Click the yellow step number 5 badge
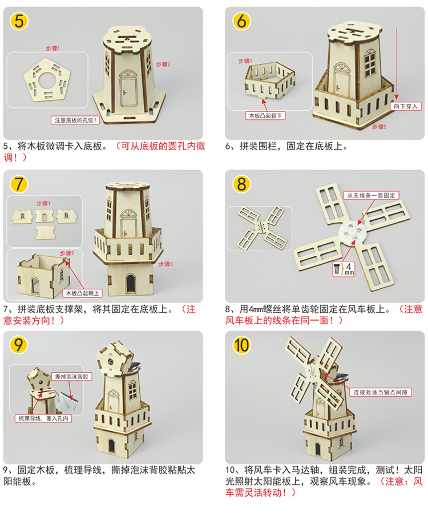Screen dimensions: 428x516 click(19, 22)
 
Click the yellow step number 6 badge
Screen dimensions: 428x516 click(241, 22)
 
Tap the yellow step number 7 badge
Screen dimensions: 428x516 click(19, 184)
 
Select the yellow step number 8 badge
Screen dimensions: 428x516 click(241, 184)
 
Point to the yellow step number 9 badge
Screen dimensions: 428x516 click(19, 345)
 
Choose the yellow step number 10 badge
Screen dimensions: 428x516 click(241, 345)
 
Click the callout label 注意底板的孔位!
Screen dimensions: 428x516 click(76, 120)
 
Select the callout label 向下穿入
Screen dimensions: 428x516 click(406, 106)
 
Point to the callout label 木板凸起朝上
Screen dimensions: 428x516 click(83, 293)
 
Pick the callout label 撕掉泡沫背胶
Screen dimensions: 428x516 click(71, 377)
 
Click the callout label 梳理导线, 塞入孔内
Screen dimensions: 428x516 click(44, 418)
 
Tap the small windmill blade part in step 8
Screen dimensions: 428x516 click(261, 227)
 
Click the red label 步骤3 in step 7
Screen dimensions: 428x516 click(164, 264)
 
